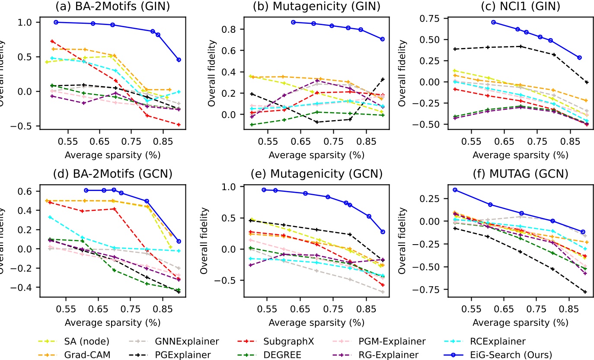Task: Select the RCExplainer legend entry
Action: click(x=514, y=342)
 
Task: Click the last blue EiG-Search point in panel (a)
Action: click(x=179, y=60)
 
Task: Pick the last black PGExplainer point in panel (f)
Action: click(x=573, y=292)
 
